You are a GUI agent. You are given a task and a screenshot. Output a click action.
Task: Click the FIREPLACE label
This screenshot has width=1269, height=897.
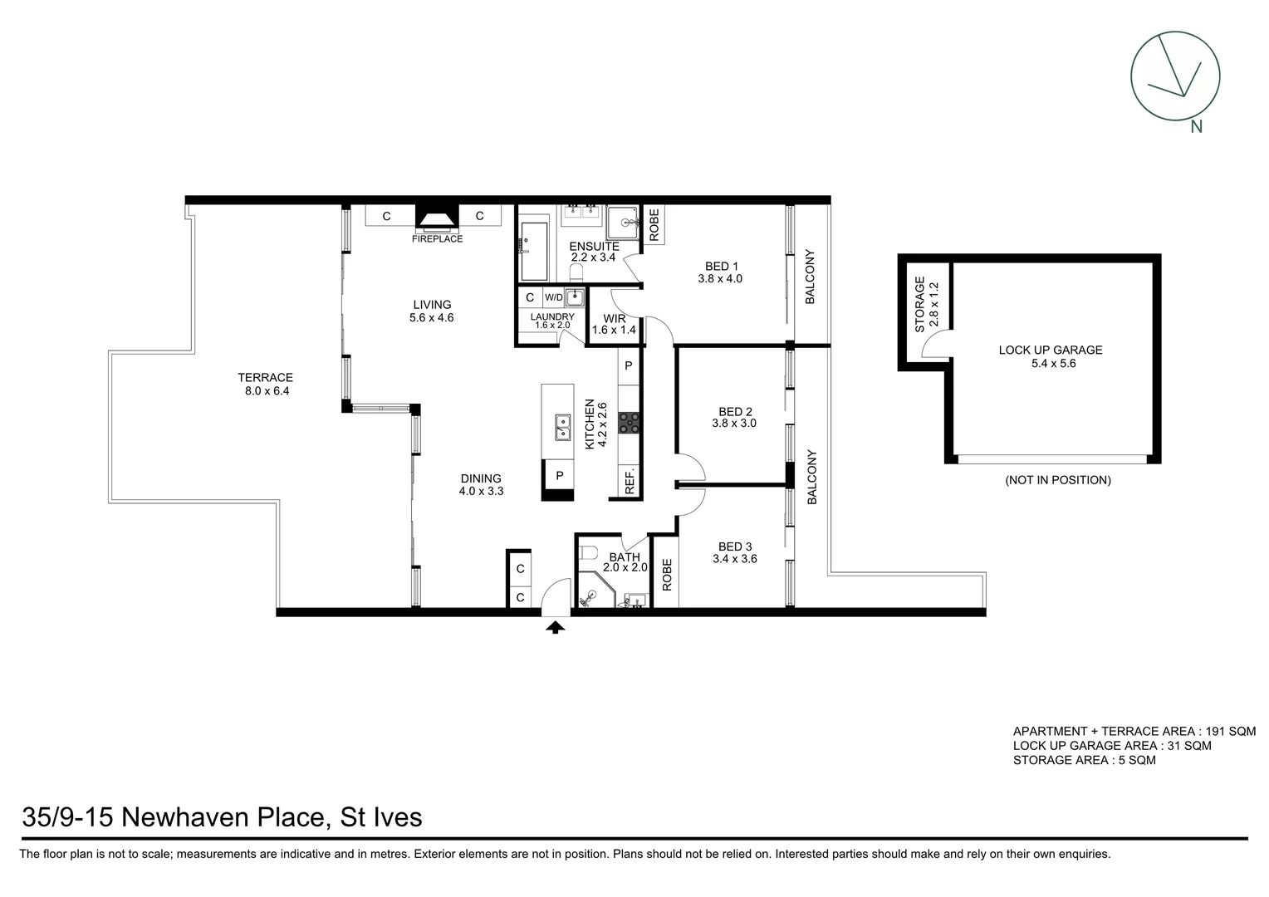click(x=437, y=239)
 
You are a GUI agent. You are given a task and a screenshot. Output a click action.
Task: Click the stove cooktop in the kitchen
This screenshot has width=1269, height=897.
click(x=630, y=423)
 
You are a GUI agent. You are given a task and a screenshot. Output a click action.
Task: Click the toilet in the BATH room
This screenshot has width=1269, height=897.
click(x=588, y=554)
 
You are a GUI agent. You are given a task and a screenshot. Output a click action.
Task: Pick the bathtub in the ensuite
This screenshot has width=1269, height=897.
click(x=534, y=251)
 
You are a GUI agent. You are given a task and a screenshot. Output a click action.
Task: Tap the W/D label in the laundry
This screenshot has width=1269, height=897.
click(x=553, y=297)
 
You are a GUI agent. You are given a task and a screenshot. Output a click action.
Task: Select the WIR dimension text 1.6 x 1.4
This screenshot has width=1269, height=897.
click(x=614, y=331)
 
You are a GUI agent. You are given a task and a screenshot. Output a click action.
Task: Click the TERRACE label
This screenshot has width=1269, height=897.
click(x=266, y=378)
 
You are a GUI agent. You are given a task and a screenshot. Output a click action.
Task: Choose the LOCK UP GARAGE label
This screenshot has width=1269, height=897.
click(x=1050, y=350)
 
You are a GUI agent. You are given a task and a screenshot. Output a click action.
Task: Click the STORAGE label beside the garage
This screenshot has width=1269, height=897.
click(x=919, y=304)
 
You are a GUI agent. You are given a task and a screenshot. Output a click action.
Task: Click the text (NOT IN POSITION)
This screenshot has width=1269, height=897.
click(x=1057, y=480)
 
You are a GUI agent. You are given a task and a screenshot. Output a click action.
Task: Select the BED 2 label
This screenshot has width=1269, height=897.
click(x=735, y=412)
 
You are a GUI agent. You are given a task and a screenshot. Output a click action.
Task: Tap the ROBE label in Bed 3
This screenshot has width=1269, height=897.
click(x=666, y=574)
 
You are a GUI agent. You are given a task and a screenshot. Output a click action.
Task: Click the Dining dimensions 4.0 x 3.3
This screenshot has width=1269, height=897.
click(x=481, y=491)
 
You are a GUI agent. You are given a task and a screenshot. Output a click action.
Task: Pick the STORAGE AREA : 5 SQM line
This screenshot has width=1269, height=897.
click(x=1084, y=760)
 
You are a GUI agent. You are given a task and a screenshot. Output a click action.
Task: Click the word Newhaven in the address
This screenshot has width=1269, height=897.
click(x=222, y=817)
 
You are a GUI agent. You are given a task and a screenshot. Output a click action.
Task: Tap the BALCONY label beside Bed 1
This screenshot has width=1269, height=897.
click(x=810, y=277)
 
